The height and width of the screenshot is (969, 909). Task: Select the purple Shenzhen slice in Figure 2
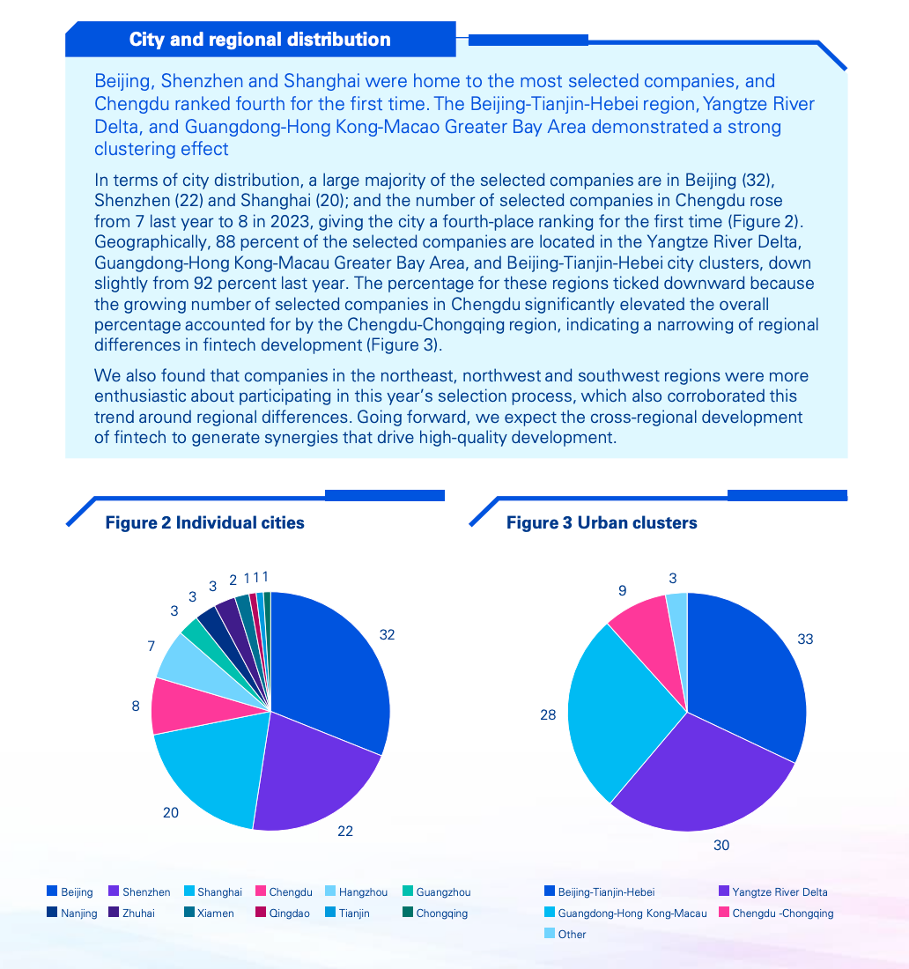(x=315, y=779)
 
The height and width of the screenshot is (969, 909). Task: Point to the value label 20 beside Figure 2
(x=171, y=813)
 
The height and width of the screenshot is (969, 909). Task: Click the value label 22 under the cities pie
(x=344, y=832)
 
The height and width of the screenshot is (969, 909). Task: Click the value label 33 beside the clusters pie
(x=805, y=639)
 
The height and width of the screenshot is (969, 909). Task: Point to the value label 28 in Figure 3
(x=548, y=715)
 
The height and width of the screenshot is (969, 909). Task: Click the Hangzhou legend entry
(x=356, y=891)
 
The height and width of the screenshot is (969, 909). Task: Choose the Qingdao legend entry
(x=283, y=913)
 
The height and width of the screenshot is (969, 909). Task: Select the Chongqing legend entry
(x=435, y=913)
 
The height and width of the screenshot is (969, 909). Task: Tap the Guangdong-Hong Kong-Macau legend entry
(x=625, y=913)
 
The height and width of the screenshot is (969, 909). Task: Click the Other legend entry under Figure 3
(x=565, y=934)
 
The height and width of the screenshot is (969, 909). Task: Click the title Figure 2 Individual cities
(x=204, y=522)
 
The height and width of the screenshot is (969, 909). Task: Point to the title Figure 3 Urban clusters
(x=602, y=522)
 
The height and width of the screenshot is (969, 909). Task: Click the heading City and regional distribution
(x=260, y=39)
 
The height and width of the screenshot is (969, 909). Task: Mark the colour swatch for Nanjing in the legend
(x=52, y=912)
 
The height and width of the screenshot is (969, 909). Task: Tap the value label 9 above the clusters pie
(x=622, y=591)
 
